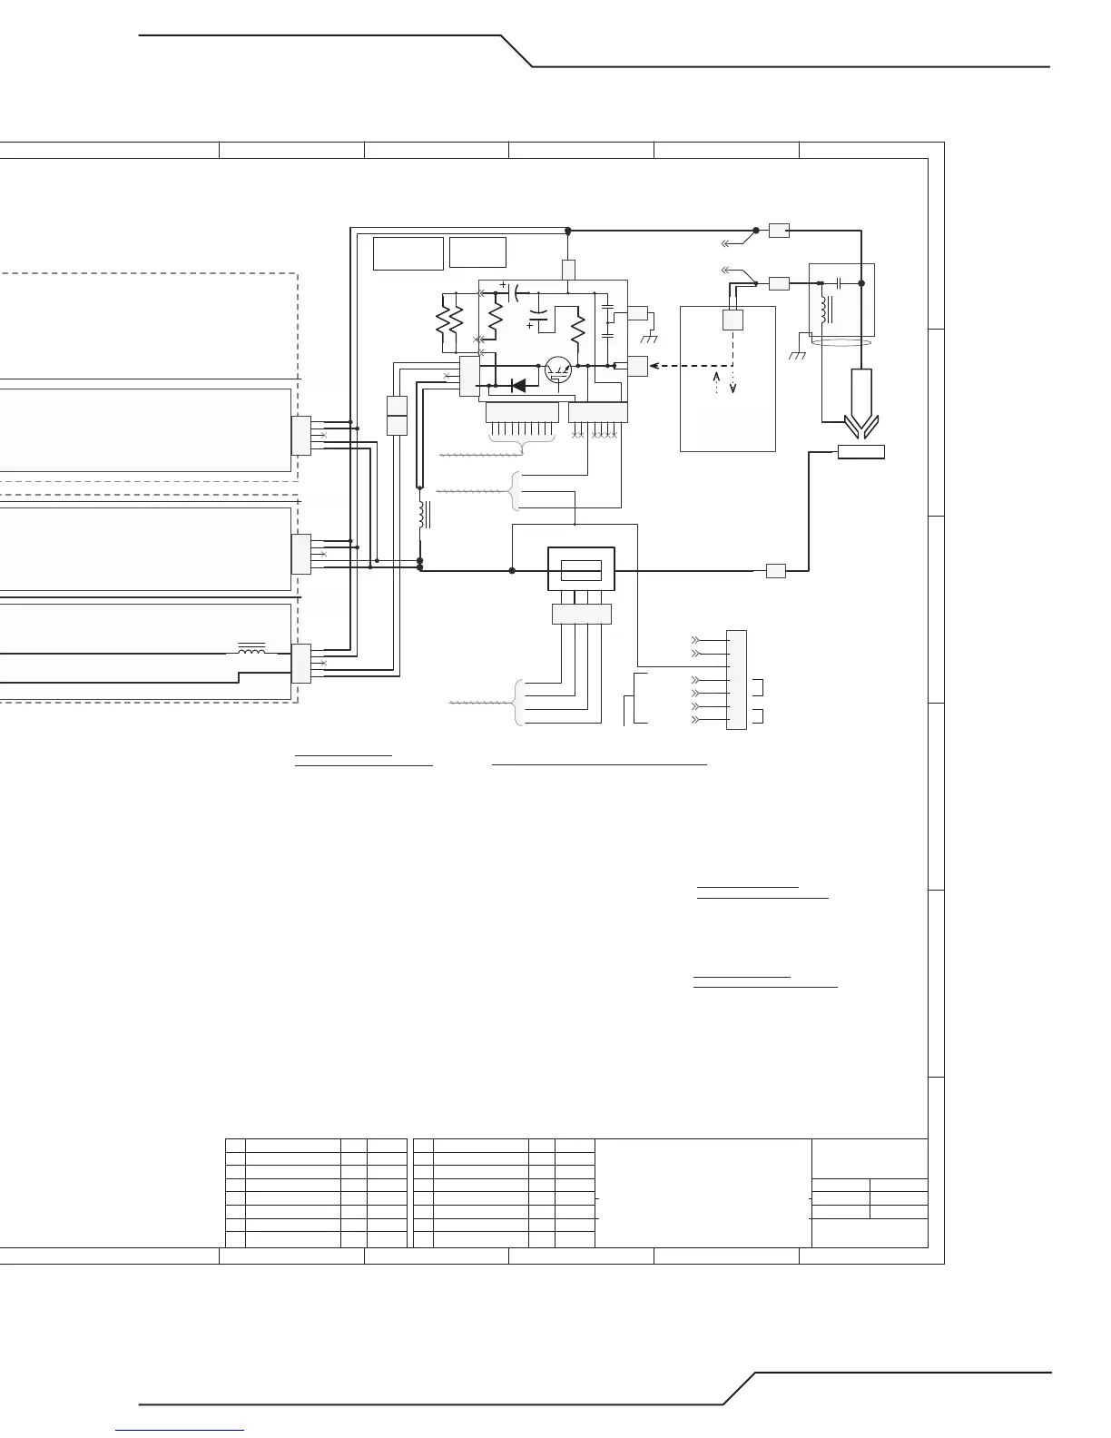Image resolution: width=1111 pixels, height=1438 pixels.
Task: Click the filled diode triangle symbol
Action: point(519,385)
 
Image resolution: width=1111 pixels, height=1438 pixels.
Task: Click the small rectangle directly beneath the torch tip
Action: point(860,452)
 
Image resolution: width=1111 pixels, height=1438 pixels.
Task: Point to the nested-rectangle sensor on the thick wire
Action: point(581,570)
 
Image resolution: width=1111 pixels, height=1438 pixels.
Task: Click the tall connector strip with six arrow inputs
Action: point(737,679)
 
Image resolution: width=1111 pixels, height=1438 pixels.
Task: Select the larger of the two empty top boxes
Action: point(408,253)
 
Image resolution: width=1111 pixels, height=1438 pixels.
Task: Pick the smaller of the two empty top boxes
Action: point(478,252)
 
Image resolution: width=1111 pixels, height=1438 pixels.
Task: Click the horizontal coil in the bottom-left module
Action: point(251,651)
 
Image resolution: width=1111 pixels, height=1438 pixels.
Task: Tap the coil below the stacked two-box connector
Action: point(422,515)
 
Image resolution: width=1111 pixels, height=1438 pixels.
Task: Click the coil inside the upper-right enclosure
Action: point(824,309)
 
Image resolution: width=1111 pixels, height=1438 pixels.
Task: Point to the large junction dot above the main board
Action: point(567,231)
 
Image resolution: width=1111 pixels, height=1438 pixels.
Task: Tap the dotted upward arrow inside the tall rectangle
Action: point(717,381)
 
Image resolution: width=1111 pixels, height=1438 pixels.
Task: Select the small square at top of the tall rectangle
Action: point(733,320)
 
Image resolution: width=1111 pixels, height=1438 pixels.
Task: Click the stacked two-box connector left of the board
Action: point(397,415)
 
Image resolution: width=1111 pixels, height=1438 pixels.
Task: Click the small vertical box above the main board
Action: point(568,270)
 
